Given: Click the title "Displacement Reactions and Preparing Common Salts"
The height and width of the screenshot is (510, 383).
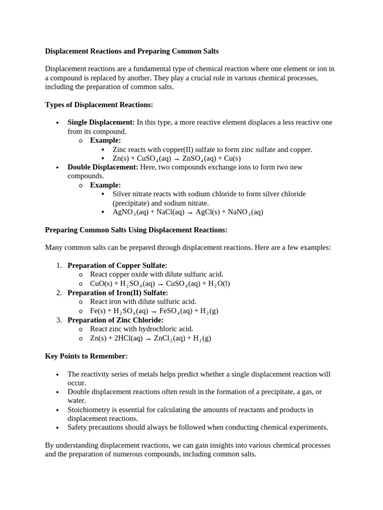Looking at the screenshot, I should [x=132, y=51].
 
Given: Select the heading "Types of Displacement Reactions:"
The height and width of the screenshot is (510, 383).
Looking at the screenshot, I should [x=99, y=105].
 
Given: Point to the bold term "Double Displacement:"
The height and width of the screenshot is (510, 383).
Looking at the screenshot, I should [x=103, y=167].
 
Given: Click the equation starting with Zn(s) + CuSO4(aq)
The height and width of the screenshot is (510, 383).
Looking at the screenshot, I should [x=177, y=158].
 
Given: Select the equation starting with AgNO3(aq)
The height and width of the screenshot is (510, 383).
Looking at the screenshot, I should [x=188, y=212].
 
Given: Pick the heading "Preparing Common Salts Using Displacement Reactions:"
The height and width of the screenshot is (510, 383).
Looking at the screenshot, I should [x=136, y=230].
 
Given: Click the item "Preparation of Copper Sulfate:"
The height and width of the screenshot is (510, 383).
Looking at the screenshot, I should [x=117, y=265].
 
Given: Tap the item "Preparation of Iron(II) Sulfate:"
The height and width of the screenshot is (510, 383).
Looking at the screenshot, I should [x=118, y=293].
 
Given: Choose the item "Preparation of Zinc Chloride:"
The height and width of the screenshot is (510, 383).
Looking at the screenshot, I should [x=115, y=320].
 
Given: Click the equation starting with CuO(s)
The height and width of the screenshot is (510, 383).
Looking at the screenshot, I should [x=160, y=284].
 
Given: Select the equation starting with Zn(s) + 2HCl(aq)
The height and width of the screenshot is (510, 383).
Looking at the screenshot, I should [x=151, y=338].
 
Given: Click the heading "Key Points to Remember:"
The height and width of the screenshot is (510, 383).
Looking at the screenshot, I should [x=86, y=356].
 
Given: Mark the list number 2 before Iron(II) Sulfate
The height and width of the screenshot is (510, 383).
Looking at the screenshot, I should [x=59, y=293].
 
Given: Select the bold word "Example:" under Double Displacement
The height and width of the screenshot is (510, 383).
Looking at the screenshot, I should [x=105, y=185].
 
